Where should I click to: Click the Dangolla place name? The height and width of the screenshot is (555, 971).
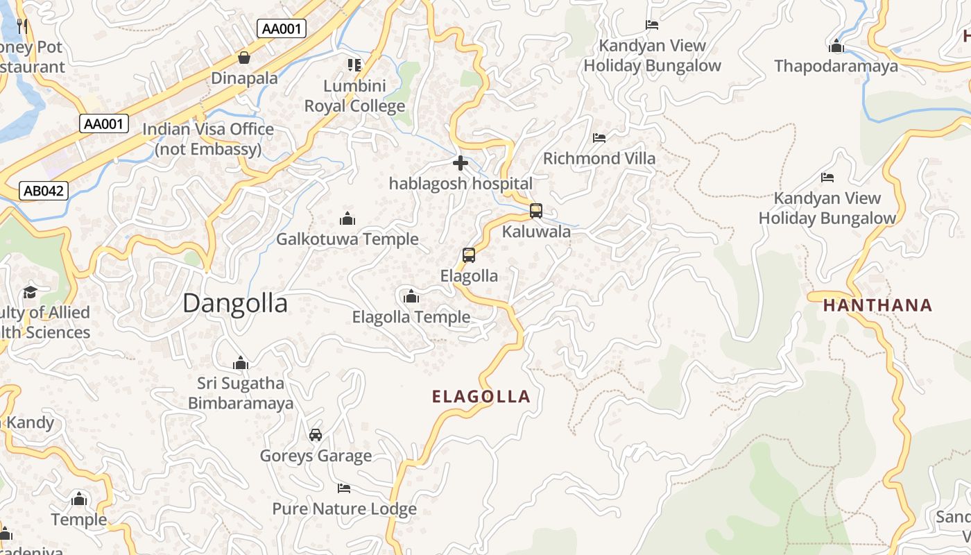pyautogui.click(x=235, y=304)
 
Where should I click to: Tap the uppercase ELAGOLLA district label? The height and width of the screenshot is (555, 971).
pyautogui.click(x=481, y=397)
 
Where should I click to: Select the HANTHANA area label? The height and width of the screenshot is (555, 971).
pyautogui.click(x=877, y=305)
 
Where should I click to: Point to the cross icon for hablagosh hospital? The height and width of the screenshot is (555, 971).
pyautogui.click(x=461, y=164)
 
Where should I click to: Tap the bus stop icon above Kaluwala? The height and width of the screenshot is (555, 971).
pyautogui.click(x=536, y=211)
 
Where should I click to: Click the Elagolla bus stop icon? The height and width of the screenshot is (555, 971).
pyautogui.click(x=469, y=255)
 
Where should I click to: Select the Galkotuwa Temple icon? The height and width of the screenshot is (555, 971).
pyautogui.click(x=347, y=219)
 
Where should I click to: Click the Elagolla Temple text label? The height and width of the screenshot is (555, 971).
pyautogui.click(x=411, y=317)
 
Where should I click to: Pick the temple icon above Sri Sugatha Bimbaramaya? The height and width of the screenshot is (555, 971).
pyautogui.click(x=241, y=363)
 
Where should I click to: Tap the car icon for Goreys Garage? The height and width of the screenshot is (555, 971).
pyautogui.click(x=316, y=435)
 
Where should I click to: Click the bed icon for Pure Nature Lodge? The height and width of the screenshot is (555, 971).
pyautogui.click(x=344, y=488)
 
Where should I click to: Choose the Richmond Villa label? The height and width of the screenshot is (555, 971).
pyautogui.click(x=599, y=158)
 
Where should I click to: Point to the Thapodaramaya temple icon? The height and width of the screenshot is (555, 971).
pyautogui.click(x=836, y=46)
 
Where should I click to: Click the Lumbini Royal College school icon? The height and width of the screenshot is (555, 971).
pyautogui.click(x=354, y=65)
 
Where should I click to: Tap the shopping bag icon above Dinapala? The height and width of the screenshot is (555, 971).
pyautogui.click(x=244, y=58)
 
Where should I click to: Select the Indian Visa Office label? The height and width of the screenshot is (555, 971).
pyautogui.click(x=208, y=139)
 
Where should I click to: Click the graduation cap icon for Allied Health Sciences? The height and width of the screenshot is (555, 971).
pyautogui.click(x=30, y=292)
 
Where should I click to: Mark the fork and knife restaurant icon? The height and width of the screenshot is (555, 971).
pyautogui.click(x=23, y=26)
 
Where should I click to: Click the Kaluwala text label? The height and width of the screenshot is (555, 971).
pyautogui.click(x=536, y=232)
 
